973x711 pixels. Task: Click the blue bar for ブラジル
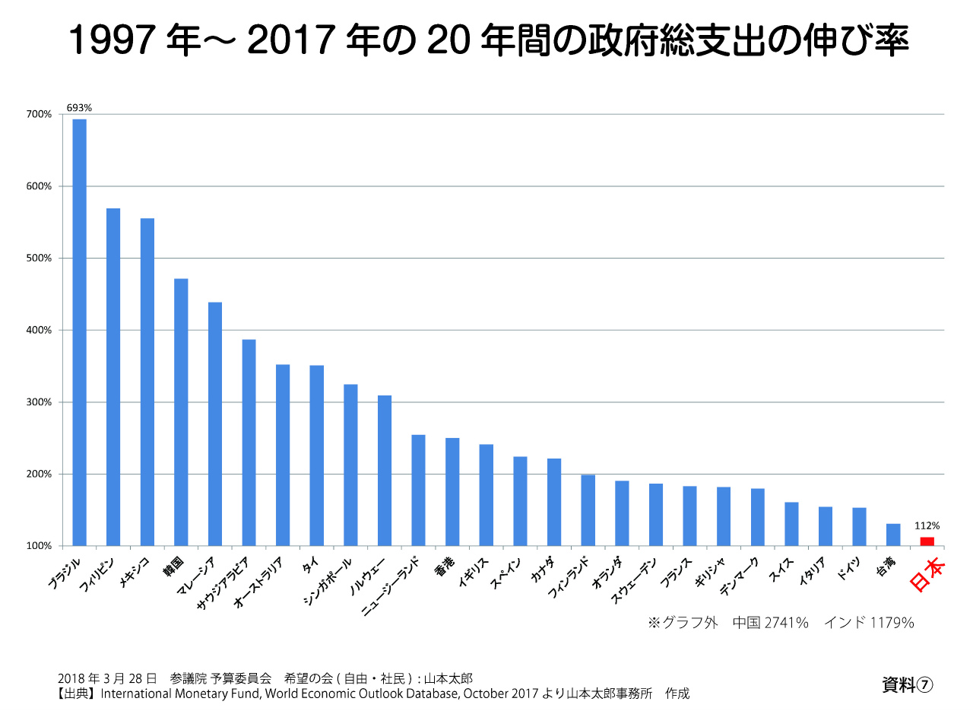point(79,332)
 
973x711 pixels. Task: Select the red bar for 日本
point(927,541)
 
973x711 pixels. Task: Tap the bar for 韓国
point(181,412)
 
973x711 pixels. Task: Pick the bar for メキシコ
point(147,382)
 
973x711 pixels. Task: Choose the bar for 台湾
point(893,535)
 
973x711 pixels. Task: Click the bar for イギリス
point(486,495)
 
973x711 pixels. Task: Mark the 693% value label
point(79,108)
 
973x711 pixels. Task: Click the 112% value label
point(927,525)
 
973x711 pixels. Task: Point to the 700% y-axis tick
point(40,114)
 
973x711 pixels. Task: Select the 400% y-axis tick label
point(40,330)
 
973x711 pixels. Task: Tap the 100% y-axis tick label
point(40,546)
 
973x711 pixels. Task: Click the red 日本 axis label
point(927,576)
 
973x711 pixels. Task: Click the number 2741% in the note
point(786,623)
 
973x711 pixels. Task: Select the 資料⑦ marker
point(907,685)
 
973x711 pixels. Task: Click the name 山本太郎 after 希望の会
point(448,678)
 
